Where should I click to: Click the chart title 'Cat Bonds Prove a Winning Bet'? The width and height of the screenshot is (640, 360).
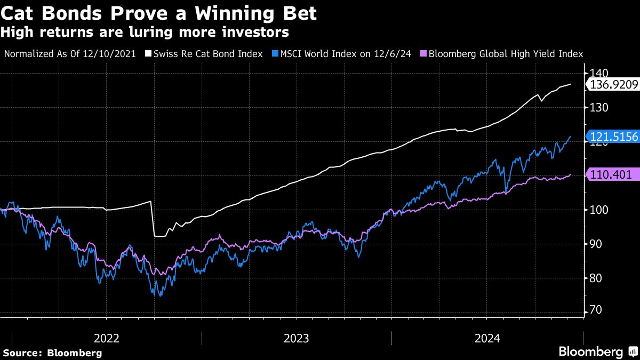point(159,13)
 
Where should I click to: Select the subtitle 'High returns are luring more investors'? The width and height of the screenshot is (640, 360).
point(145,33)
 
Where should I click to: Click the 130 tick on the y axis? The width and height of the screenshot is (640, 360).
point(597,108)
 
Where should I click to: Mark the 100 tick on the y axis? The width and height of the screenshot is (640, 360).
point(597,210)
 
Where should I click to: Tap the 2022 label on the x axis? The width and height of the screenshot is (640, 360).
point(106,338)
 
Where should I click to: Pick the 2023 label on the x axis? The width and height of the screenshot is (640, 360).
point(297,338)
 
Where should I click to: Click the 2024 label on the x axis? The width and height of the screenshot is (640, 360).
point(487,338)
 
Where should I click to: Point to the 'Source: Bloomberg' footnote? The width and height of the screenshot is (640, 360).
point(52,353)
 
